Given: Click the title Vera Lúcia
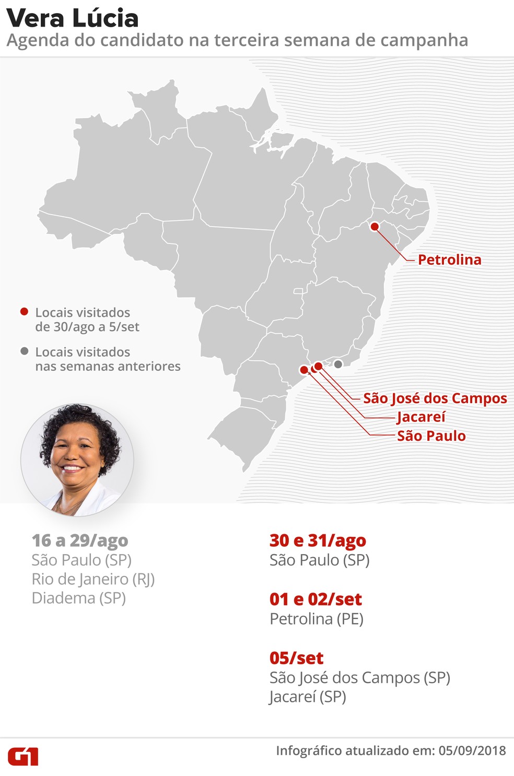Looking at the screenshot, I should point(73,18).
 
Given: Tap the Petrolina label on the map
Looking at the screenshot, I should point(449,260).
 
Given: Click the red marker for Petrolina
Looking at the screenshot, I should point(375,227).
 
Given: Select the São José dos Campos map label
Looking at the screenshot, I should point(435,398).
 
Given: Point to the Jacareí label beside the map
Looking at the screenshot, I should point(421,417).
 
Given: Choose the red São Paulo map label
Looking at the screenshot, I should point(431,436).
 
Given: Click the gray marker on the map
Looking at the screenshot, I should point(338,364).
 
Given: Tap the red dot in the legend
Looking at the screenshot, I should point(24,312).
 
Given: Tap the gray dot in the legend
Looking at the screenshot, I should point(24,351).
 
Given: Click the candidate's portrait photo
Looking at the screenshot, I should point(77,460).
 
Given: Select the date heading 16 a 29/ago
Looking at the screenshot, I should point(80,540).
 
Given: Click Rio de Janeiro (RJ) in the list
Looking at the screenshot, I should point(93,579).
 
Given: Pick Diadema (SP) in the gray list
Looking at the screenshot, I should point(79,598).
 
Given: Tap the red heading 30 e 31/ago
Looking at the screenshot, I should point(318,540).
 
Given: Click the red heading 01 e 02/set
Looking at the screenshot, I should point(316,599).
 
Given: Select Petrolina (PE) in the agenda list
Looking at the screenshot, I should point(317,619).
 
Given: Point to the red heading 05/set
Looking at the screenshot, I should point(296,658).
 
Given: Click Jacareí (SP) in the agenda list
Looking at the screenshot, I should point(308,697).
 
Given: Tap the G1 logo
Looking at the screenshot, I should point(23,756).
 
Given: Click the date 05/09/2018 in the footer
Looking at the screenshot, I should point(472,751).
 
